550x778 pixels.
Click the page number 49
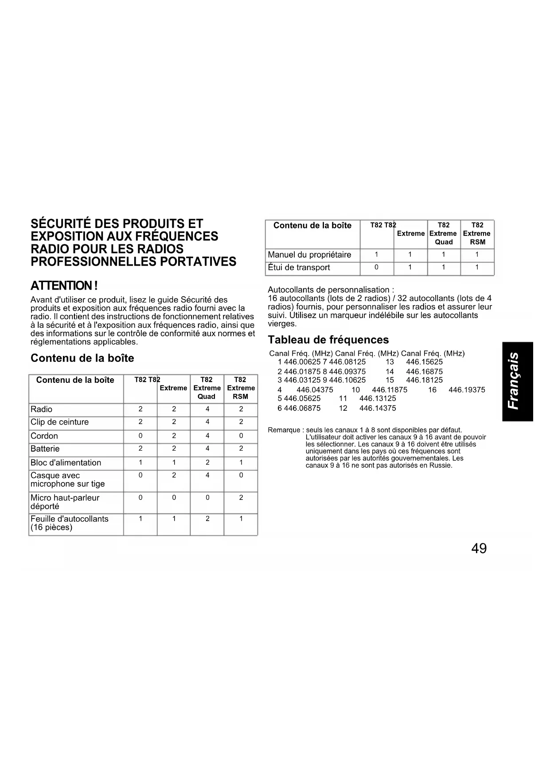click(479, 549)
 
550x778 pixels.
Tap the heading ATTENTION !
click(64, 285)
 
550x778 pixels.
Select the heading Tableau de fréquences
click(328, 340)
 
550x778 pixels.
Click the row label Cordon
click(44, 436)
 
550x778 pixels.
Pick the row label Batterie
click(45, 449)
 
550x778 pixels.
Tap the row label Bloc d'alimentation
click(66, 463)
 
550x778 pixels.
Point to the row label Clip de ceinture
click(59, 422)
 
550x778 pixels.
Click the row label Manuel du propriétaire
click(309, 255)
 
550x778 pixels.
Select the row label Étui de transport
click(299, 267)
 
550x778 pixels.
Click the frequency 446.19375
click(467, 390)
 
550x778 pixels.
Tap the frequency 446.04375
click(315, 390)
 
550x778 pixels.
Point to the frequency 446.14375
click(378, 408)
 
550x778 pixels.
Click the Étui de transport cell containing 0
click(376, 267)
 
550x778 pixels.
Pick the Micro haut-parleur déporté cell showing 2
click(241, 498)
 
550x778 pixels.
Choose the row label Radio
click(41, 409)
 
